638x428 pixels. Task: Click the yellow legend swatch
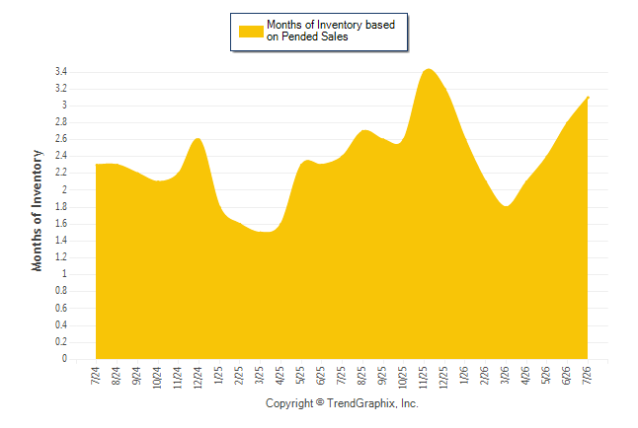point(251,32)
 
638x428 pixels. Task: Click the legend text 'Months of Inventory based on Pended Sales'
point(331,31)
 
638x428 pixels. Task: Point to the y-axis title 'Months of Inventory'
point(37,210)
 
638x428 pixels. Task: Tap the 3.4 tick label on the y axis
point(61,72)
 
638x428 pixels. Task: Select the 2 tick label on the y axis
point(64,189)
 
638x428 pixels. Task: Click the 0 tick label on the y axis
point(64,359)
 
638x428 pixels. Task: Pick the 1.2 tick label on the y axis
point(61,257)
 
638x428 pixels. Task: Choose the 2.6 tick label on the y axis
point(61,139)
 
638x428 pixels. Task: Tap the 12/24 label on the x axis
point(198,377)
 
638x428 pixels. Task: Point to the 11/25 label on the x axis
point(423,377)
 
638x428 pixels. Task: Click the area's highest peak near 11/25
point(429,69)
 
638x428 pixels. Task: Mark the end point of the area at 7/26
point(588,98)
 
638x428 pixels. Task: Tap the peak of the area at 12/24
point(199,139)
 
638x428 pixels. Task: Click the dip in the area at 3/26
point(506,206)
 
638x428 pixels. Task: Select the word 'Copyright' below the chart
point(289,403)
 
